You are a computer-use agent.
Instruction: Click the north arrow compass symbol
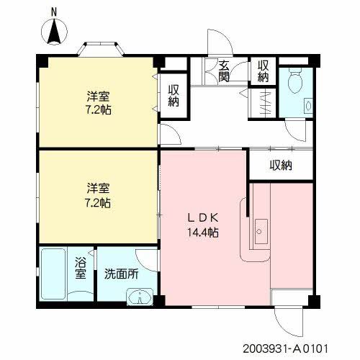(x=54, y=32)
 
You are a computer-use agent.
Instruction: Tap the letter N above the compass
(x=54, y=12)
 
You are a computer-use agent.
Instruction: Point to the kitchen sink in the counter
(x=260, y=232)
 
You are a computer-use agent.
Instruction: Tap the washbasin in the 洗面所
(x=139, y=297)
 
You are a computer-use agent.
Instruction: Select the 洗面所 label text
(x=121, y=274)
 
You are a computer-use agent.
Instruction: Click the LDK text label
(x=203, y=217)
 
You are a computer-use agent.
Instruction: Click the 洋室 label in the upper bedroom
(x=99, y=96)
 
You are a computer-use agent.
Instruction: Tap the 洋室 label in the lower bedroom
(x=99, y=188)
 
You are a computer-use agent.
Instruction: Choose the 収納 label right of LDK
(x=281, y=166)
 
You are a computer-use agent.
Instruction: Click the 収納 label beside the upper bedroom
(x=174, y=95)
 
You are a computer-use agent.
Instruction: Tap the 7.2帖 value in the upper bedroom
(x=99, y=111)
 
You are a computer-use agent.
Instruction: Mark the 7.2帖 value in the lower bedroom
(x=99, y=203)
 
